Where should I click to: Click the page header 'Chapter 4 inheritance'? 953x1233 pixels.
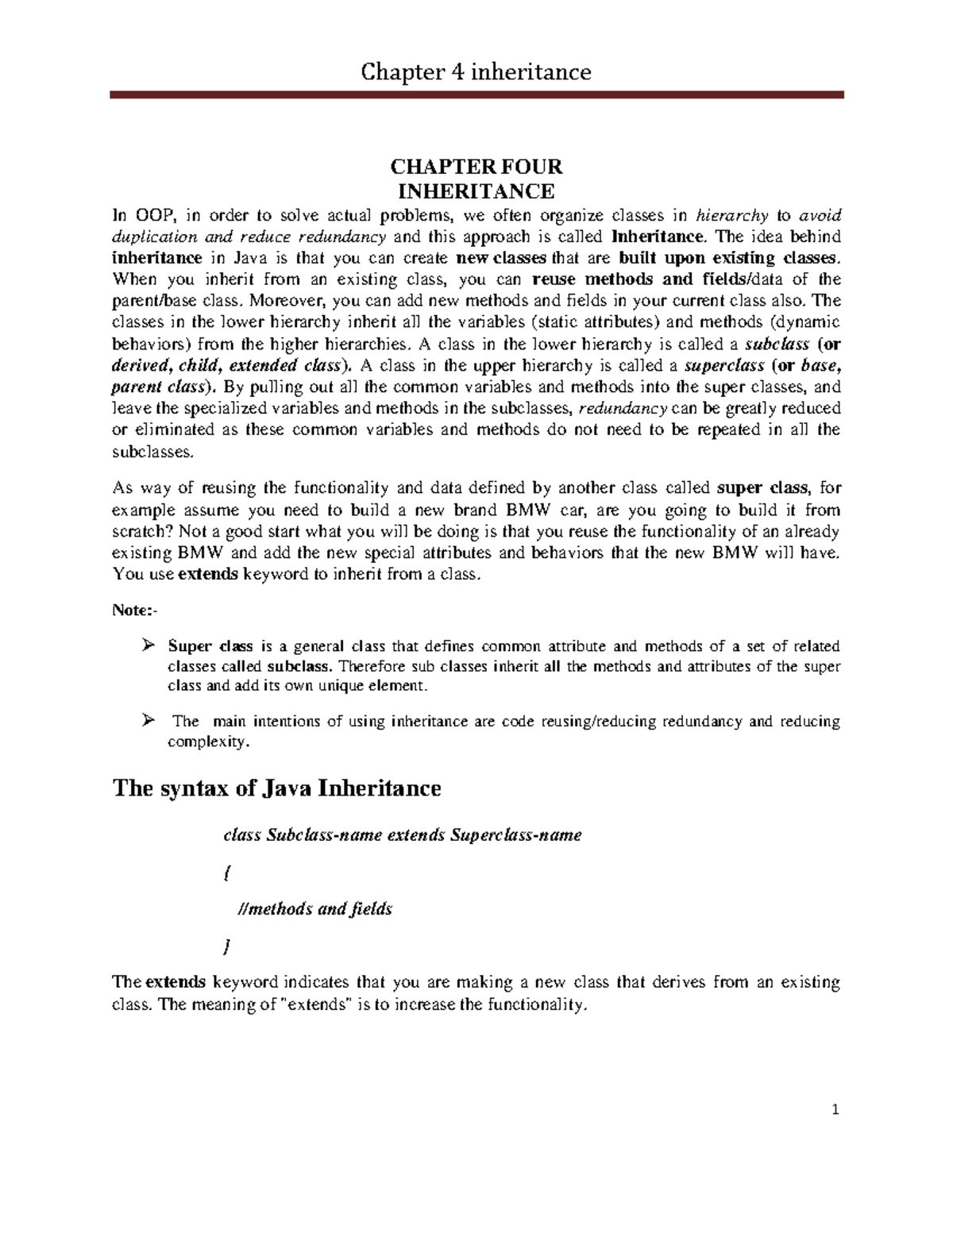click(x=476, y=73)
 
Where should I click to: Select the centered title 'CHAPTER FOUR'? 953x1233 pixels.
click(x=476, y=168)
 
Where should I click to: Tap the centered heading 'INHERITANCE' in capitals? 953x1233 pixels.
click(x=476, y=191)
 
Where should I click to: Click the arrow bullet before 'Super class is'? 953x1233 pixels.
click(x=146, y=645)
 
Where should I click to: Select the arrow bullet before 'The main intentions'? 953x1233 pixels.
click(x=146, y=720)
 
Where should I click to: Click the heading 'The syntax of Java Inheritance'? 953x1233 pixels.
click(x=276, y=788)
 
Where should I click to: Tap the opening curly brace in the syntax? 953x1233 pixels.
click(x=227, y=872)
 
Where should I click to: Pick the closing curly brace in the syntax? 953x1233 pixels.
click(x=227, y=946)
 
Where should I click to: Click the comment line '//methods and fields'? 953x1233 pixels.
click(x=315, y=909)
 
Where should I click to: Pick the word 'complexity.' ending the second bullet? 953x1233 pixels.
click(x=208, y=742)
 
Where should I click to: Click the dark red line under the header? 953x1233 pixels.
click(x=476, y=95)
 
